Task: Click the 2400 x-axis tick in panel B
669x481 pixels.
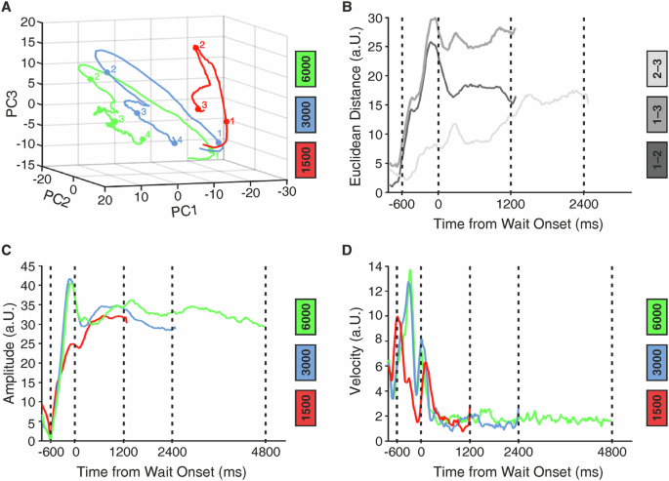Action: coord(583,207)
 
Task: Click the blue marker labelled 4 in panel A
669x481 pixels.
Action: coord(176,142)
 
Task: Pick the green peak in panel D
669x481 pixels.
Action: coord(410,272)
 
